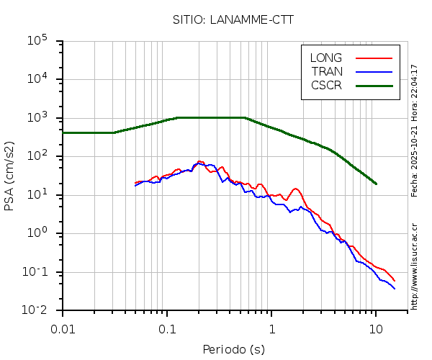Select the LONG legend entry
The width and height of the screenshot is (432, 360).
pos(326,58)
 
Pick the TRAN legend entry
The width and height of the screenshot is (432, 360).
pos(326,71)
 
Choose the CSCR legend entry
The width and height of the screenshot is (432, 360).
pos(326,85)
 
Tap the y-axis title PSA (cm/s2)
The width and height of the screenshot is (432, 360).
pos(10,176)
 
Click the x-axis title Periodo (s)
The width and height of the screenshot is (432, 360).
pos(233,350)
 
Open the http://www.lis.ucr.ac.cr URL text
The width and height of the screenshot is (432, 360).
pos(415,262)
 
